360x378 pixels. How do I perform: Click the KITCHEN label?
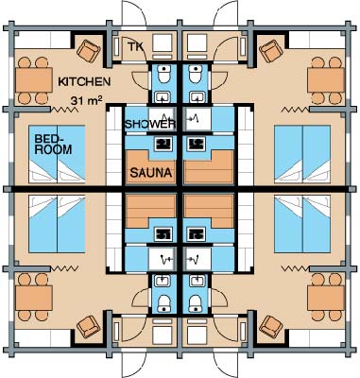coord(84,81)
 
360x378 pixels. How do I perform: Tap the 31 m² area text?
coord(86,100)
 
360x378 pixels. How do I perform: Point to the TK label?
coord(135,46)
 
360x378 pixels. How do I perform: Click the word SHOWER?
coord(150,124)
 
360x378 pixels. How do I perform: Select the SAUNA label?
coord(151,173)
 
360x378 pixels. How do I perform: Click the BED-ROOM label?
coord(53,144)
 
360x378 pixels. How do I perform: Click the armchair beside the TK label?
coord(89,51)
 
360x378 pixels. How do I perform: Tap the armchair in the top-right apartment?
coord(271,51)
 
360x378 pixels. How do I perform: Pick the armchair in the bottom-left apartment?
coord(89,327)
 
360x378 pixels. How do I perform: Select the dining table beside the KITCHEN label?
coord(34,80)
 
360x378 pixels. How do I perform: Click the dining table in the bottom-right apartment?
coord(326,298)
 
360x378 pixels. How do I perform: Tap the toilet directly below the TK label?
coord(164,75)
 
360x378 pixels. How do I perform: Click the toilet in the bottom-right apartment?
coord(196,303)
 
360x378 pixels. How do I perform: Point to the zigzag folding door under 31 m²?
coord(64,110)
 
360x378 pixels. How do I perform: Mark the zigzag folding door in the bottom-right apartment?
coord(295,268)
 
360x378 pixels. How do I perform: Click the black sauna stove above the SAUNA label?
coord(164,144)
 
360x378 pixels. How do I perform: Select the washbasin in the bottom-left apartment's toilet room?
coord(163,280)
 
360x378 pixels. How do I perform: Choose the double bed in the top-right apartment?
coord(302,154)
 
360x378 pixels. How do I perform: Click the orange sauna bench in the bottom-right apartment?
coord(209,211)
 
